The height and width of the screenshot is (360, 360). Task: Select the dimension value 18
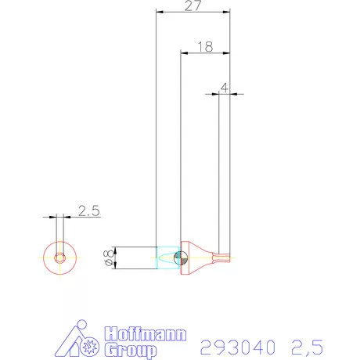click(205, 46)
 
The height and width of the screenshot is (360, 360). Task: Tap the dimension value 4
click(225, 88)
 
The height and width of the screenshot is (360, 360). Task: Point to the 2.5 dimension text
click(88, 211)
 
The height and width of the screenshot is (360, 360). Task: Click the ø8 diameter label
click(109, 257)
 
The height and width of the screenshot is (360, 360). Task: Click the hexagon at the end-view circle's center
click(60, 257)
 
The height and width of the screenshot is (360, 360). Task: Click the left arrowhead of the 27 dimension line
click(159, 13)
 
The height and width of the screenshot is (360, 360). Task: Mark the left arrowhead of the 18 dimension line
click(184, 53)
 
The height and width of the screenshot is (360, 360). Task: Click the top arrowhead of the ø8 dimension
click(116, 248)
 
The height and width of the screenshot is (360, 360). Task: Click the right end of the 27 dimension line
click(231, 13)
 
